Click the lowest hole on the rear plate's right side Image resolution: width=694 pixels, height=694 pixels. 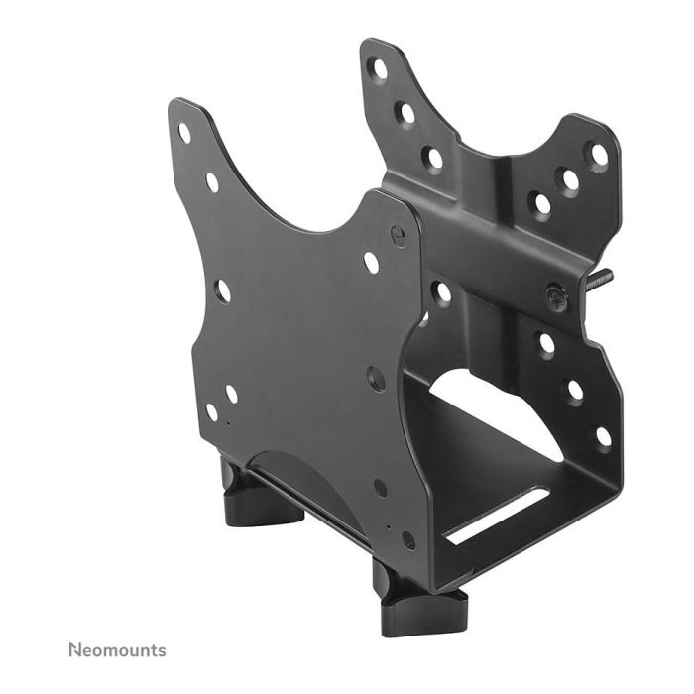point(602,435)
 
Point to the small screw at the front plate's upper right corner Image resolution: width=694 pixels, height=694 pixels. point(398,236)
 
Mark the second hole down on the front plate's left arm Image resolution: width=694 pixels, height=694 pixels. point(212,182)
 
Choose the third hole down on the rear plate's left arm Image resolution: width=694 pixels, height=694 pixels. point(433,157)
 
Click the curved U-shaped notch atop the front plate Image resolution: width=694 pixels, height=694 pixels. point(288,198)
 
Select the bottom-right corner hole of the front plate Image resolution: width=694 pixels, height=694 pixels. point(408,540)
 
